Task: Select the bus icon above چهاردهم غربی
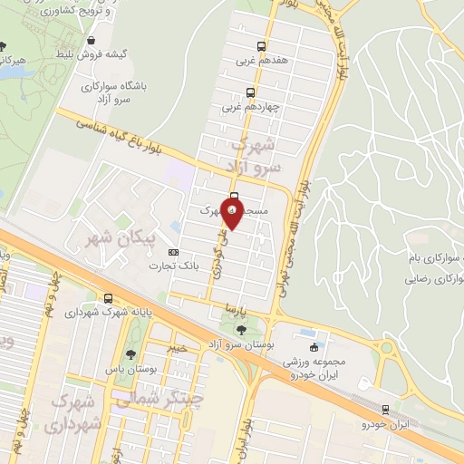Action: tap(251, 92)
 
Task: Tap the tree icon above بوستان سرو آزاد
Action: tap(241, 330)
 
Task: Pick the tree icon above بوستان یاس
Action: tap(132, 354)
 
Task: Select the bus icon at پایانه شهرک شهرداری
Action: tap(109, 298)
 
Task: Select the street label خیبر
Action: tap(178, 347)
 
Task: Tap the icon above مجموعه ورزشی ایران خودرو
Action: tap(314, 347)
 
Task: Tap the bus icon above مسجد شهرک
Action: tap(235, 198)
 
